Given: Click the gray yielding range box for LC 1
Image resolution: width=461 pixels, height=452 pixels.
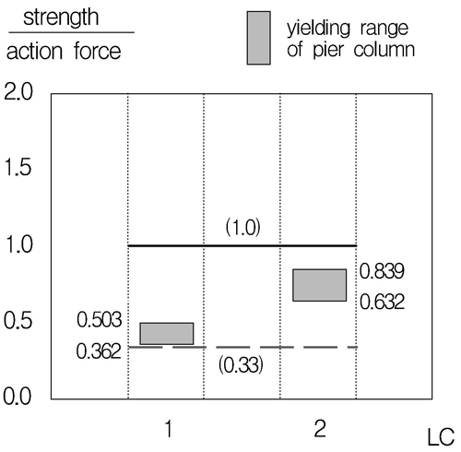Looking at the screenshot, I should pyautogui.click(x=166, y=333).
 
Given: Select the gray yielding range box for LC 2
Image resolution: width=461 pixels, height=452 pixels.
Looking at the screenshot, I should pyautogui.click(x=318, y=285).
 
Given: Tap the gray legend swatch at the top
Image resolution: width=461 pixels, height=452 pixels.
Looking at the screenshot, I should pyautogui.click(x=260, y=39).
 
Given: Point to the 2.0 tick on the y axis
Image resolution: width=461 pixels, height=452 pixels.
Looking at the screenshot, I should pyautogui.click(x=20, y=93).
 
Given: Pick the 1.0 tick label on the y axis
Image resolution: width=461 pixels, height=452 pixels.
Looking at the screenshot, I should pyautogui.click(x=20, y=245).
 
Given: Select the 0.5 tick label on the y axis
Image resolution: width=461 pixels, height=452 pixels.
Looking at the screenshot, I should pyautogui.click(x=20, y=321).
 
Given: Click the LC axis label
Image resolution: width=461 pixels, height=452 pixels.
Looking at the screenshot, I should pyautogui.click(x=441, y=436).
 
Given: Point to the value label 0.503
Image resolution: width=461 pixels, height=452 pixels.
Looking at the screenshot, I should pyautogui.click(x=100, y=319).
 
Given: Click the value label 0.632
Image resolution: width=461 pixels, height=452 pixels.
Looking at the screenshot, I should pyautogui.click(x=383, y=301).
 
